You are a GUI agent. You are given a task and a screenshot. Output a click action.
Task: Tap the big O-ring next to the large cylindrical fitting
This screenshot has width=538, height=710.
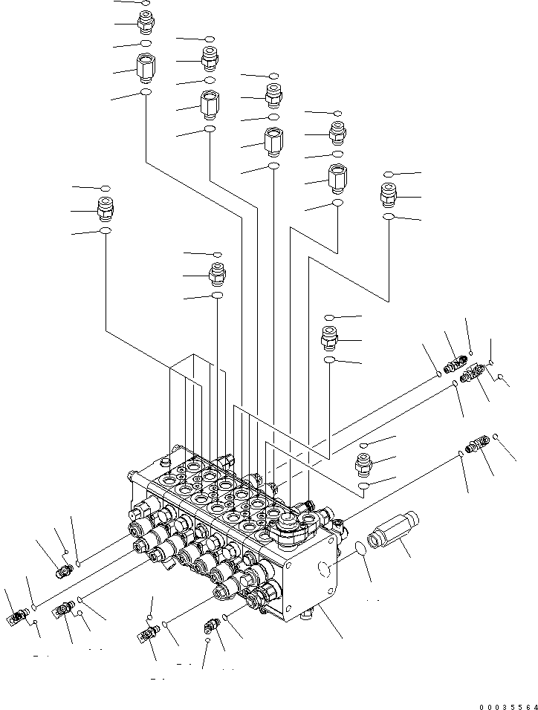(360, 548)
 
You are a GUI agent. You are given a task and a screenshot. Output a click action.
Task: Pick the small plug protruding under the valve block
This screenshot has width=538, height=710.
(306, 616)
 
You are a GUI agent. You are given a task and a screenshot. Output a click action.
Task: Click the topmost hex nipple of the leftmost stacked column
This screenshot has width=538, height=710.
(146, 22)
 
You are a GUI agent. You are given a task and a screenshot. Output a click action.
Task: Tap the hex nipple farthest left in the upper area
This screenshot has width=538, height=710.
(106, 209)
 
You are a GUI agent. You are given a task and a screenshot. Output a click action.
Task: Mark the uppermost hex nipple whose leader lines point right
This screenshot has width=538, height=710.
(389, 195)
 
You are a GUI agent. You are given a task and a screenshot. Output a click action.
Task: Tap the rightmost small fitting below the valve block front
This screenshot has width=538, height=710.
(210, 628)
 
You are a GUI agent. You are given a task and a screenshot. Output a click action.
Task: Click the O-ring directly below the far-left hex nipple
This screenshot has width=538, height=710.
(106, 232)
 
